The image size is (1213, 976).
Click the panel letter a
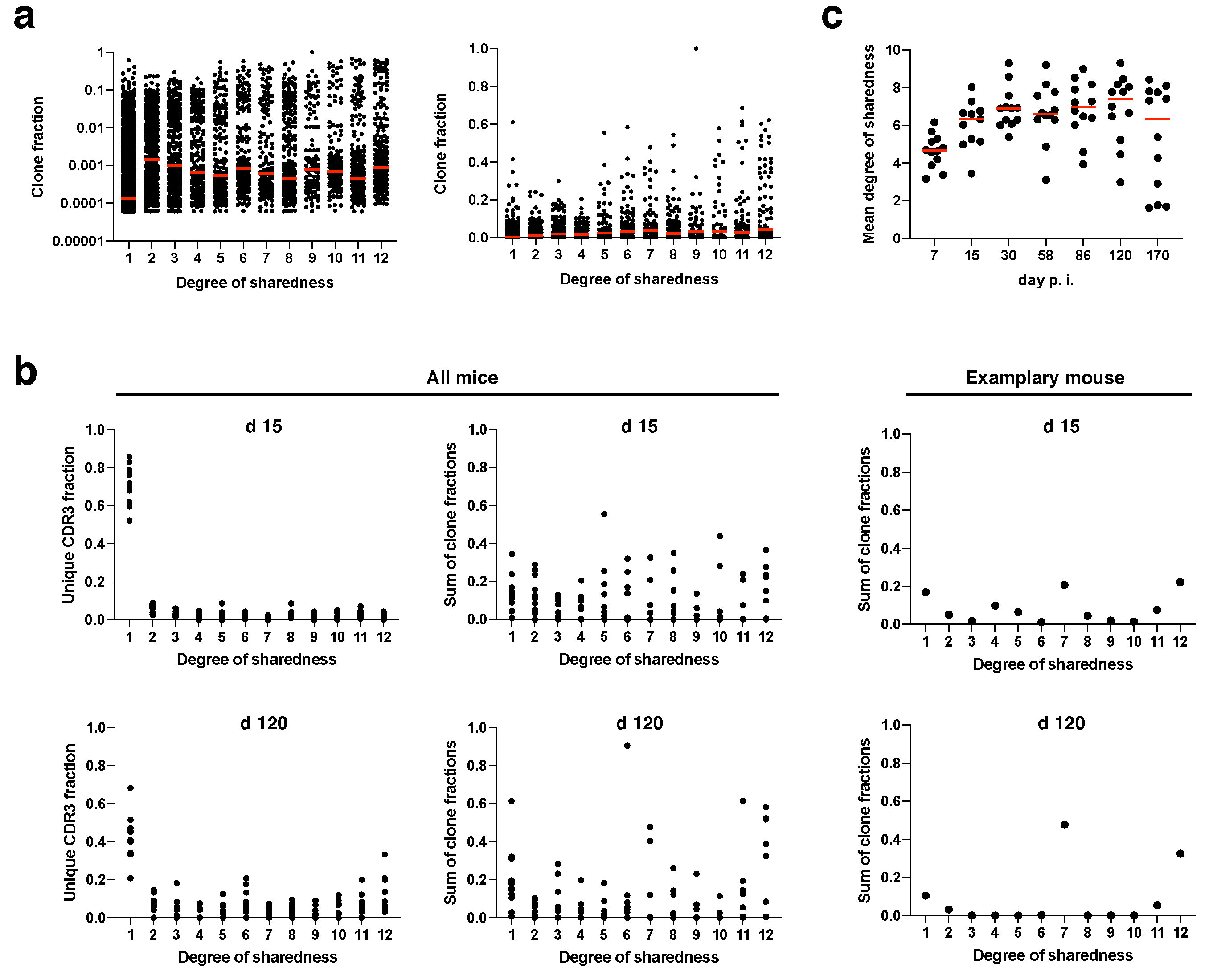(x=24, y=17)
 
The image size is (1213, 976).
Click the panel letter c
(x=832, y=17)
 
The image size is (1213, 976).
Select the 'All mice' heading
(x=462, y=377)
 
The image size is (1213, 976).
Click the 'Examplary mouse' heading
(x=1045, y=377)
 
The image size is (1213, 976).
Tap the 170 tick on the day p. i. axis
(x=1157, y=255)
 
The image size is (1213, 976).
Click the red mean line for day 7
(x=934, y=150)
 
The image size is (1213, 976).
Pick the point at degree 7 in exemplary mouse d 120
(x=1064, y=824)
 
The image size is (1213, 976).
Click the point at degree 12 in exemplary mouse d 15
(x=1180, y=582)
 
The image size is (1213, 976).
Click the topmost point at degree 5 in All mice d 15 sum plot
(x=604, y=514)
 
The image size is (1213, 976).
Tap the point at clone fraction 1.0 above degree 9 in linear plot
(x=696, y=49)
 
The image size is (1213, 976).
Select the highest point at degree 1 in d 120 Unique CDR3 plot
(x=131, y=788)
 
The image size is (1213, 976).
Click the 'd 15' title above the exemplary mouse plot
(x=1061, y=426)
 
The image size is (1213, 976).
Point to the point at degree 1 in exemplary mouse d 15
(x=926, y=592)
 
